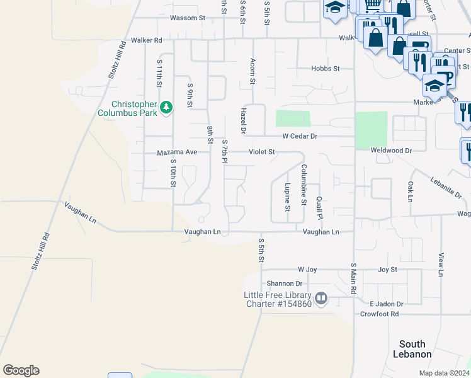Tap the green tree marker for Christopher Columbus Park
(x=166, y=108)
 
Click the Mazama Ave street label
(x=177, y=152)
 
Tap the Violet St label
(x=262, y=152)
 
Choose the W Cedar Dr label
(x=299, y=135)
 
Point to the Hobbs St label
(x=326, y=68)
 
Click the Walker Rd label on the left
(x=146, y=40)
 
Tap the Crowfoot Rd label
(x=380, y=314)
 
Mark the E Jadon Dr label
(x=385, y=304)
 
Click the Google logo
(x=21, y=370)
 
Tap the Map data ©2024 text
(x=443, y=373)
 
